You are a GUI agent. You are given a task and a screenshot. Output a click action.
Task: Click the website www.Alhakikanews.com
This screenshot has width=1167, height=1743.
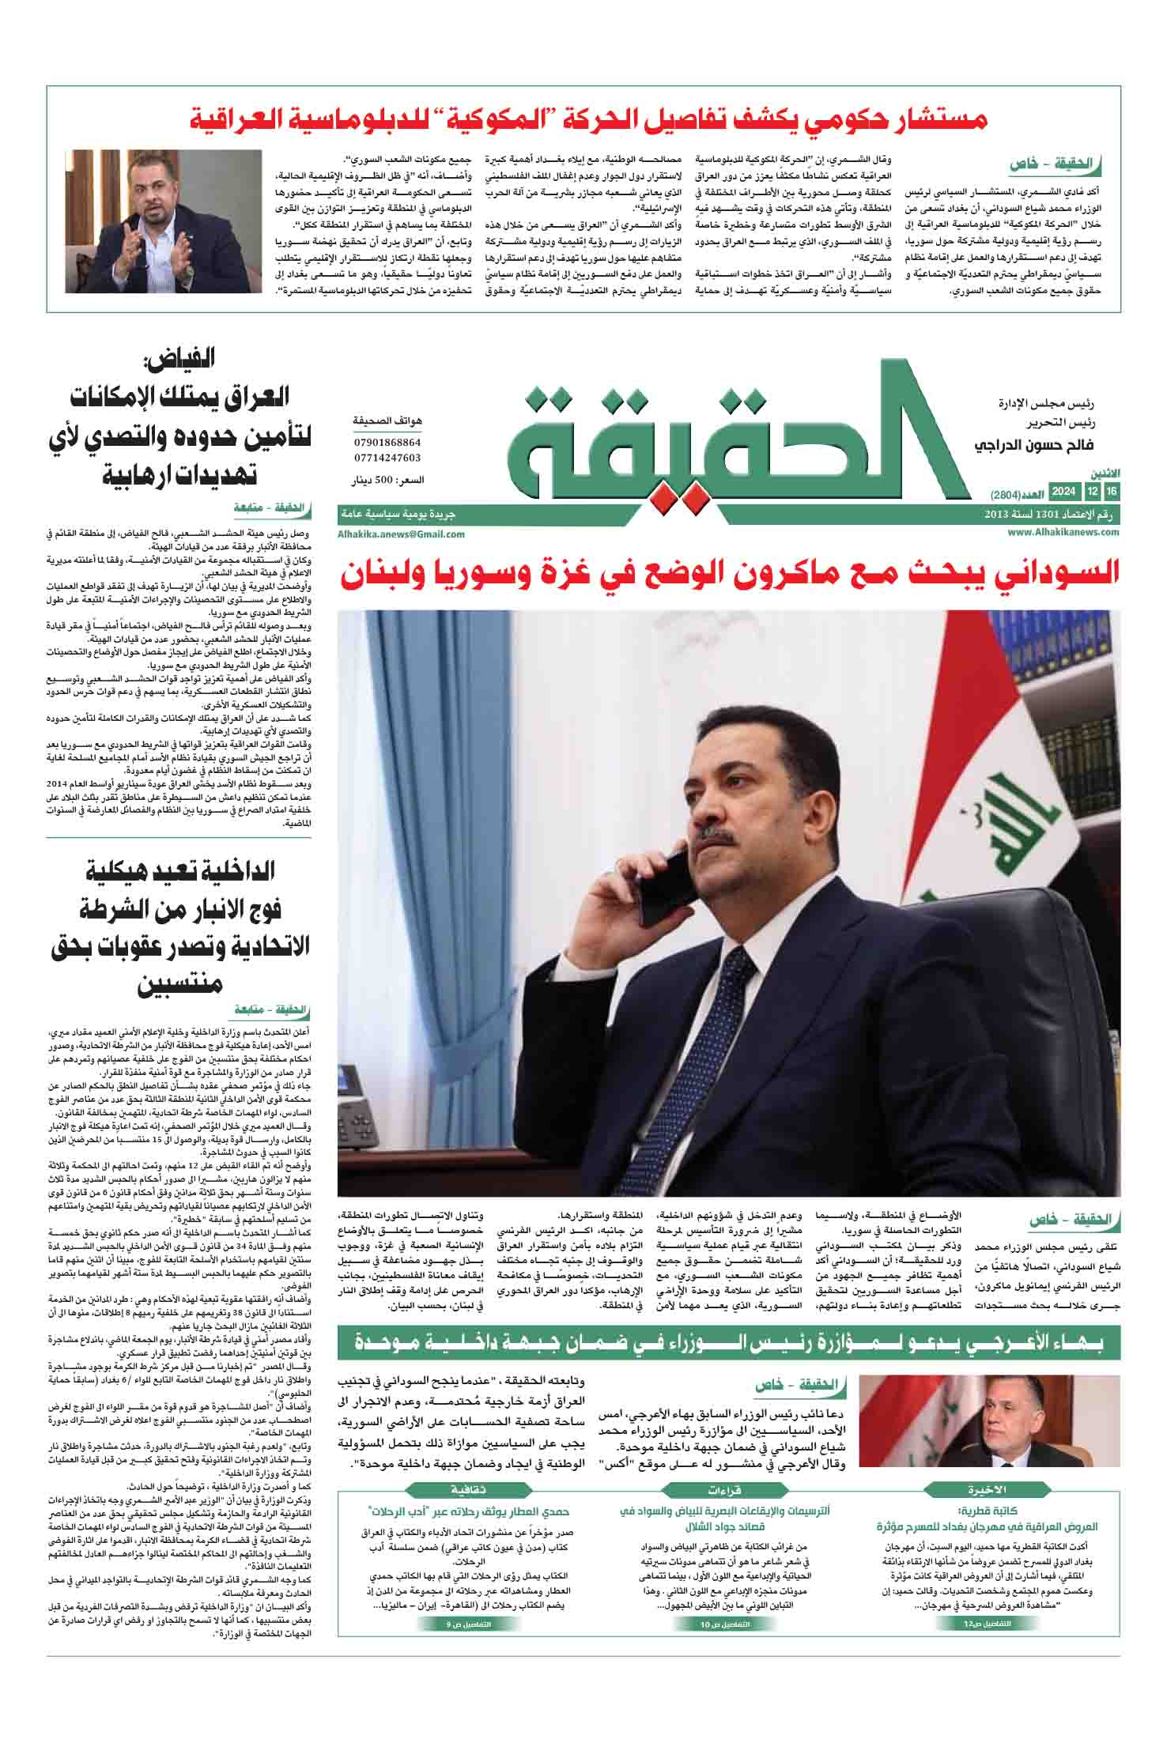point(1063,532)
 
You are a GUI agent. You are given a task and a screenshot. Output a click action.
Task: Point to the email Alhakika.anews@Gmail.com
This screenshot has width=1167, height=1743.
point(401,534)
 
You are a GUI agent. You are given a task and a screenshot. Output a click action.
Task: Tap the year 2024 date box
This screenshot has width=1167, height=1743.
point(1061,492)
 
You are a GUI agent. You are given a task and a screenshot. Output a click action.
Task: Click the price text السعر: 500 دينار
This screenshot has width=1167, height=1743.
point(387,480)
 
